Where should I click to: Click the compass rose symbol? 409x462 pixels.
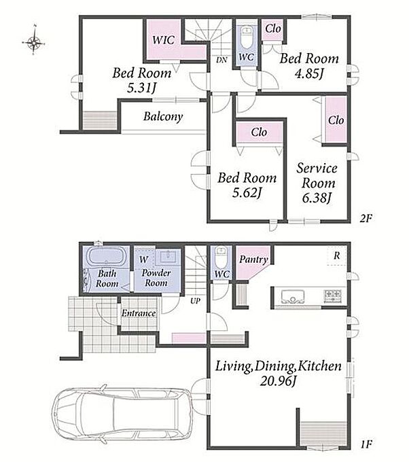click(x=34, y=43)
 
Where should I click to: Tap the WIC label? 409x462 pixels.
click(x=163, y=40)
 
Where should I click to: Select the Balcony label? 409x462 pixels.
click(x=163, y=117)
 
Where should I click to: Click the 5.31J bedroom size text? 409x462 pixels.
click(x=141, y=88)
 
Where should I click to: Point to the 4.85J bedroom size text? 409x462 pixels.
click(x=309, y=73)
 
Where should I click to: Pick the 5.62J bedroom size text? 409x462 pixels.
click(x=247, y=193)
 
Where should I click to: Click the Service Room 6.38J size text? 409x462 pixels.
click(x=317, y=198)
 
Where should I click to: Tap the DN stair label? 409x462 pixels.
click(x=221, y=60)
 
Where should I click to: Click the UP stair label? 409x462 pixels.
click(x=195, y=301)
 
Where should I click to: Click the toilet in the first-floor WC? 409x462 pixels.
click(x=221, y=257)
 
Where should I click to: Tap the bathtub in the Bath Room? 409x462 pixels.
click(x=106, y=256)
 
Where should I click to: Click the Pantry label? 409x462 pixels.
click(x=253, y=260)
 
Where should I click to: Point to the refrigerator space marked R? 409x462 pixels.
click(x=336, y=255)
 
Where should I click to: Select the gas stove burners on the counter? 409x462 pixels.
click(x=332, y=296)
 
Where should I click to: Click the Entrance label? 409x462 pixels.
click(x=139, y=313)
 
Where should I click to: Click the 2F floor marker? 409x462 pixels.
click(x=366, y=218)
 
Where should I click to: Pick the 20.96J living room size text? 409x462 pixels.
click(x=278, y=381)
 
